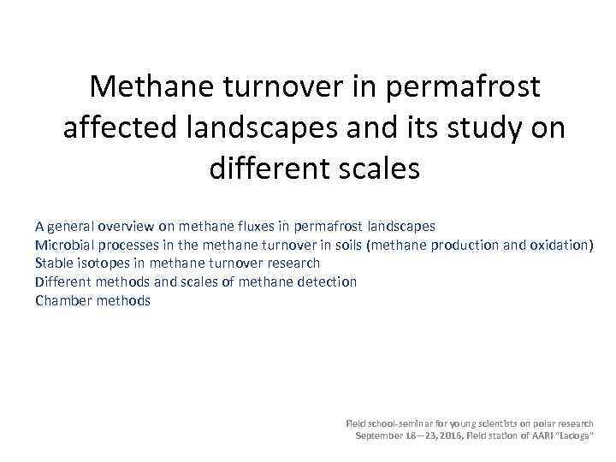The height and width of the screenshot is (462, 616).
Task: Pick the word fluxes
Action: (x=262, y=227)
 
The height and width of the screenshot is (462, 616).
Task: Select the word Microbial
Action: (x=63, y=246)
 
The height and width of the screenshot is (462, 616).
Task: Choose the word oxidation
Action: (x=561, y=246)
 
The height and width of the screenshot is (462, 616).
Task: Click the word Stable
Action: (x=55, y=264)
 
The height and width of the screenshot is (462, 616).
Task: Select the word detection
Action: (x=328, y=281)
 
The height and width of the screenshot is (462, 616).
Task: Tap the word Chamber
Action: (x=63, y=300)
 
